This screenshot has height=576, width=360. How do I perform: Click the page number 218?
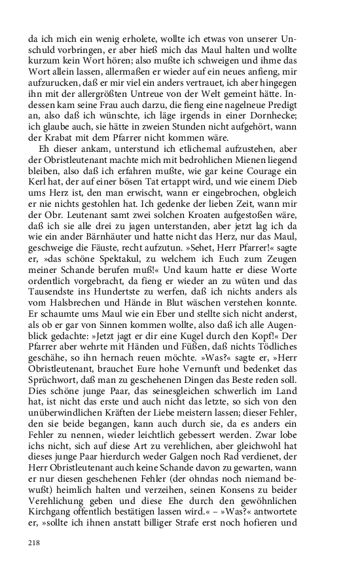click(35, 543)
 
